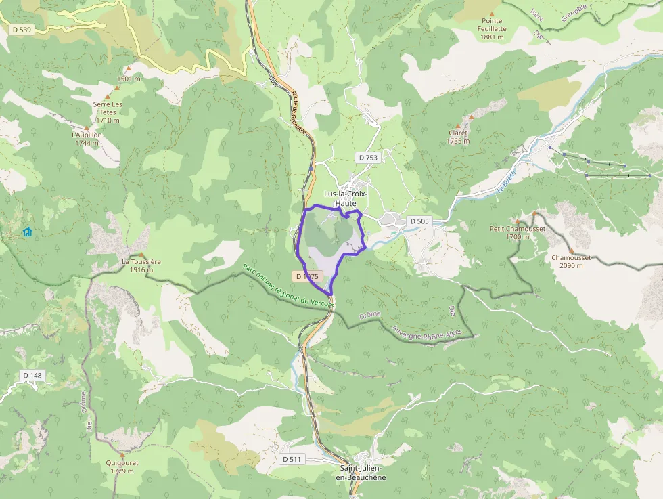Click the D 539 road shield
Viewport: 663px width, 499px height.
pyautogui.click(x=22, y=29)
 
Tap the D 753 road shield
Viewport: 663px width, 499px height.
pyautogui.click(x=368, y=158)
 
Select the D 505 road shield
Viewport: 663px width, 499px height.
pyautogui.click(x=419, y=221)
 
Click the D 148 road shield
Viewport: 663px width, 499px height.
pyautogui.click(x=32, y=375)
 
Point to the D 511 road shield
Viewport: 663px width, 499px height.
pyautogui.click(x=292, y=459)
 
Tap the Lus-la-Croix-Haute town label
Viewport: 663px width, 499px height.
pyautogui.click(x=345, y=198)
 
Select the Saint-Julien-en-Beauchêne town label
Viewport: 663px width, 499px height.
pyautogui.click(x=361, y=473)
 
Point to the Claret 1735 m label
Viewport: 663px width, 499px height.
pyautogui.click(x=458, y=137)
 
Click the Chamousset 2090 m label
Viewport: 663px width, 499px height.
pyautogui.click(x=571, y=261)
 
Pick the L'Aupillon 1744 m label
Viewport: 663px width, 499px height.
pyautogui.click(x=87, y=138)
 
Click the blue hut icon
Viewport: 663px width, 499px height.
pyautogui.click(x=28, y=232)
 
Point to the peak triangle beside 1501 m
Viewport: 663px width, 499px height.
pyautogui.click(x=128, y=69)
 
